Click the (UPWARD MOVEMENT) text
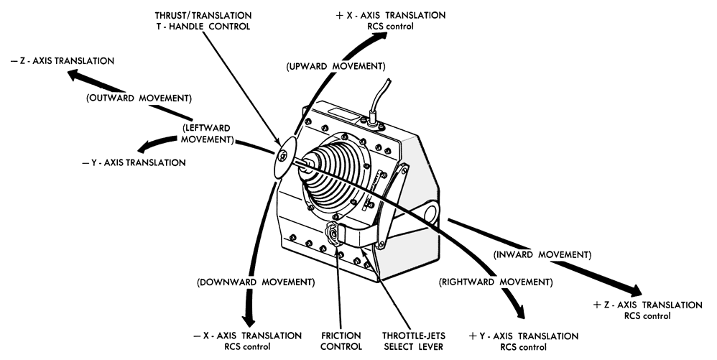(336, 67)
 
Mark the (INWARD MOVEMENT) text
(542, 255)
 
